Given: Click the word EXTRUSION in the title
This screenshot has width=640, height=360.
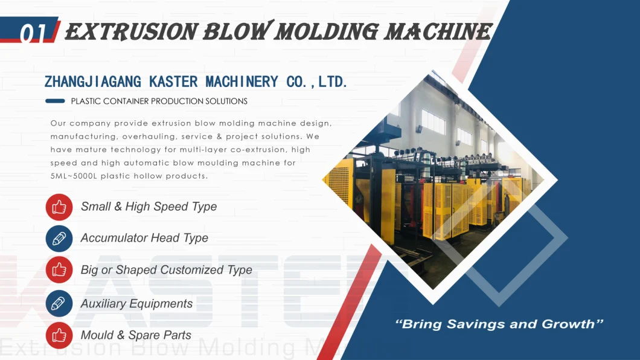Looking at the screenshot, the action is [x=132, y=32].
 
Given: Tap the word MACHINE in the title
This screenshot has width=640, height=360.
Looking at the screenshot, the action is [x=438, y=32].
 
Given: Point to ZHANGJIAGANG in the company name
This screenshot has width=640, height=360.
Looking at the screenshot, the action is [x=92, y=82].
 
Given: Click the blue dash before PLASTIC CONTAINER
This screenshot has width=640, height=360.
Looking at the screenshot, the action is [x=55, y=101].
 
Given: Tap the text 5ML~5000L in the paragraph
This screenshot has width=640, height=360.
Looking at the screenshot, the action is [x=74, y=176].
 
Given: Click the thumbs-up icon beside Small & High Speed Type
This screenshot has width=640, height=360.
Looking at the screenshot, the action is [x=59, y=207].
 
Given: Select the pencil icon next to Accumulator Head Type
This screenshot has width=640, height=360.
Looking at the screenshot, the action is [x=59, y=239].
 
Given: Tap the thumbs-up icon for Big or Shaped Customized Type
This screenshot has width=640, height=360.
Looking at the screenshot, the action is [x=59, y=270].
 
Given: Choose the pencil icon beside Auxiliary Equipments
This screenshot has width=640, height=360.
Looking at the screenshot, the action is [x=59, y=304].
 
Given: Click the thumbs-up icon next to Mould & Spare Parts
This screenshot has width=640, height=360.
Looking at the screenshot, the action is [x=59, y=335].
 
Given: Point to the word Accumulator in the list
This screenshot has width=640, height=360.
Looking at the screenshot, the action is [x=113, y=238].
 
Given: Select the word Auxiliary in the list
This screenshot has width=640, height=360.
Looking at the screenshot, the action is [x=103, y=304].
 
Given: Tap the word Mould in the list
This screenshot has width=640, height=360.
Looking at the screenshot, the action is [x=97, y=335].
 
